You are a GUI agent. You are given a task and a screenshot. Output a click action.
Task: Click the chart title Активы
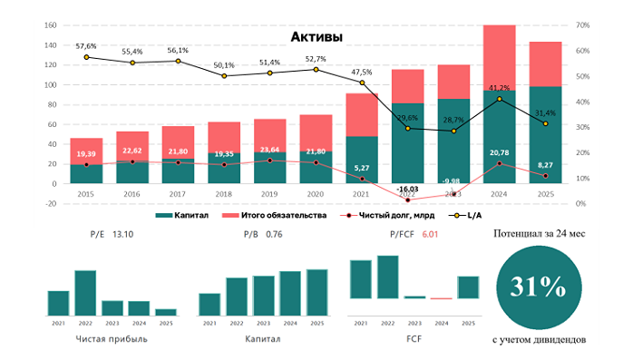click(316, 37)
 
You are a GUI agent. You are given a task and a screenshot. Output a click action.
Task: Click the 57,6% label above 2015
click(86, 45)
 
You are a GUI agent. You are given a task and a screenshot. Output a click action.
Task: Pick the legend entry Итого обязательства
click(282, 216)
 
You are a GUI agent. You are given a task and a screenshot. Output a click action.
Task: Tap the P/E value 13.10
click(122, 234)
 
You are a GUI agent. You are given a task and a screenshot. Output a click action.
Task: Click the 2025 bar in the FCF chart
click(467, 287)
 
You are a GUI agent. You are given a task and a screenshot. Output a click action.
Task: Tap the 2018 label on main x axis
click(224, 195)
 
